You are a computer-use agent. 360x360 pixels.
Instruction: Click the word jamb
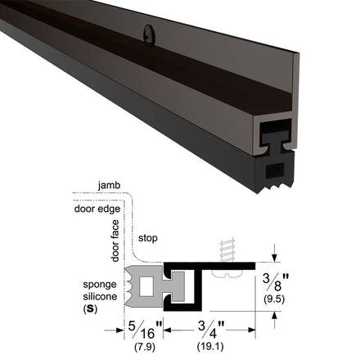pos(109,186)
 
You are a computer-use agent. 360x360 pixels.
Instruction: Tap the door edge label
pos(97,209)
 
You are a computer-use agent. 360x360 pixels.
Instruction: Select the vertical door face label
pos(115,241)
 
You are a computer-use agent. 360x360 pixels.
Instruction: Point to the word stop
pos(148,238)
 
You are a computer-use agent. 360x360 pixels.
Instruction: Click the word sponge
pos(100,285)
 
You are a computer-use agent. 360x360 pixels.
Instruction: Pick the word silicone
pos(100,296)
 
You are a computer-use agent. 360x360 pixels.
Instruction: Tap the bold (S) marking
pos(90,309)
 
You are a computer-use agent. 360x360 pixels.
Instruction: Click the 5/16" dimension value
pos(145,330)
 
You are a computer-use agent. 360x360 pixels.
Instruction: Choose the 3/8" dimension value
pos(275,282)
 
